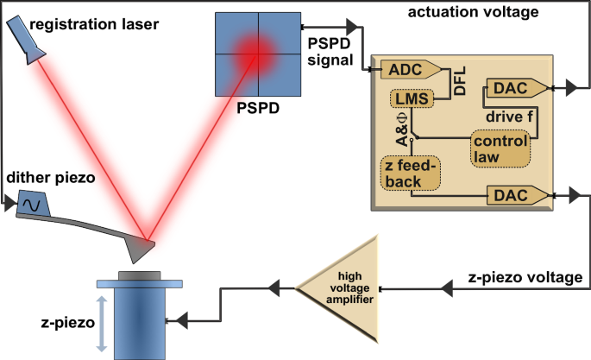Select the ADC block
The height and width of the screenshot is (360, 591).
[x=410, y=69]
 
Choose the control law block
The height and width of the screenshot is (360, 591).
[x=498, y=148]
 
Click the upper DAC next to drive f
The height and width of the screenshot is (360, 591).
[x=514, y=87]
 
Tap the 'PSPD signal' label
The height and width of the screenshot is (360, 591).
[x=331, y=52]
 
